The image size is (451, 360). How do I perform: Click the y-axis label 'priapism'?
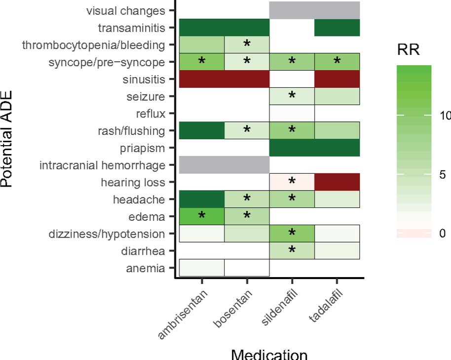(x=143, y=148)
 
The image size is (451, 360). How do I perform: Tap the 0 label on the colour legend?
(x=442, y=233)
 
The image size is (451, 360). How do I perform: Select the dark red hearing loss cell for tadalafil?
(x=337, y=182)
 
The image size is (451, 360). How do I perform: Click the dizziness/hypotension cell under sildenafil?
(x=292, y=234)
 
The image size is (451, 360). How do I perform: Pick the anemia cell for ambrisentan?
(x=201, y=268)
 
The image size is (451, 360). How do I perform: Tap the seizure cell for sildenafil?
(x=292, y=96)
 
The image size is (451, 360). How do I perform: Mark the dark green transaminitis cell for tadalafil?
(x=337, y=28)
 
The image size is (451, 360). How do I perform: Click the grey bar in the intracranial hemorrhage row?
(x=224, y=165)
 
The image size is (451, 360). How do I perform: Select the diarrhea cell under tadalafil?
(x=337, y=250)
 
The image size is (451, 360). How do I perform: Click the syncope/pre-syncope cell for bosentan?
(x=247, y=62)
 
